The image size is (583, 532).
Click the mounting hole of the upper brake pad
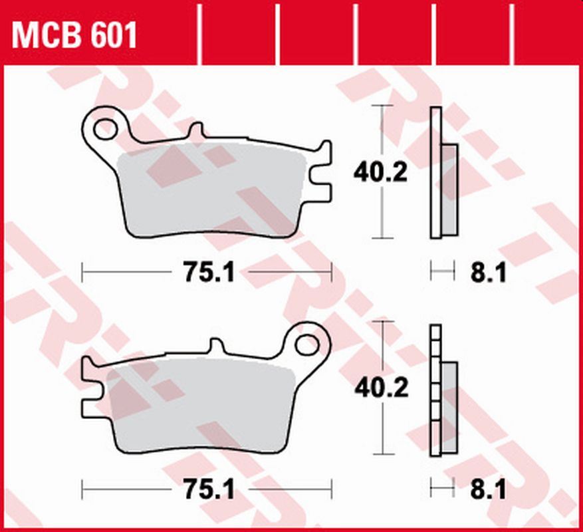[104, 128]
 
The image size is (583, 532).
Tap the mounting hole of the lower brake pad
[307, 344]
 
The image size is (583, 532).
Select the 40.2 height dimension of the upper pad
[380, 174]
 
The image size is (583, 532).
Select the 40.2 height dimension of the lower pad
[380, 388]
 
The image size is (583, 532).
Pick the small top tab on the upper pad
[195, 131]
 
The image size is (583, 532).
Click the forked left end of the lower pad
[90, 386]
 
